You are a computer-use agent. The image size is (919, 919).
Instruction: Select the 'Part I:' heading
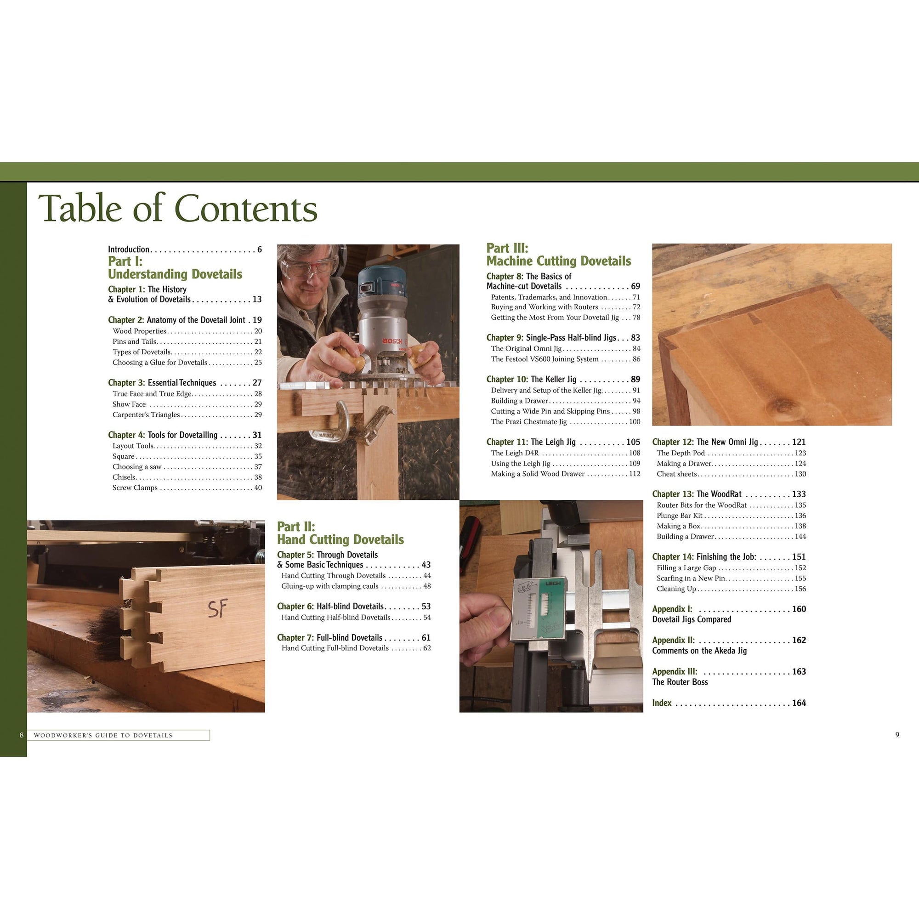coord(125,261)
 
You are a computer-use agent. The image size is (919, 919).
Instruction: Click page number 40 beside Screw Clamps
coord(258,488)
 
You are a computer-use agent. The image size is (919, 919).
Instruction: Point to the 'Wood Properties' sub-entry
coord(139,331)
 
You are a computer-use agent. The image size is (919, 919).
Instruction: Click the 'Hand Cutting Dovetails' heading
coord(340,539)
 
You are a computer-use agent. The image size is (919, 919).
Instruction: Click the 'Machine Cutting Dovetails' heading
coord(558,261)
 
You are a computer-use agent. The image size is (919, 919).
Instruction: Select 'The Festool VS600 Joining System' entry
coord(545,359)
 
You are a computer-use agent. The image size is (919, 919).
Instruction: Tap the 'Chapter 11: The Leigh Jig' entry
coord(531,442)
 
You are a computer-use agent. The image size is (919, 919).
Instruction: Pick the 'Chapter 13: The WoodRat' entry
coord(697,494)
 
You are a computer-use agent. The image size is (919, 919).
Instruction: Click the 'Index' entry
coord(662,703)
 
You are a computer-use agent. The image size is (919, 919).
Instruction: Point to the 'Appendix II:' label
coord(673,640)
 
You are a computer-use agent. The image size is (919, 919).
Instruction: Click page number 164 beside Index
coord(799,703)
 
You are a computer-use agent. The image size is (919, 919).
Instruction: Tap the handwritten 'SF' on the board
coord(217,609)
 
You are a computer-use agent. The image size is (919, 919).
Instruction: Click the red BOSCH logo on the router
coord(392,341)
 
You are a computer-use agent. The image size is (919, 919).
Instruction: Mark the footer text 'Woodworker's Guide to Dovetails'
coord(103,735)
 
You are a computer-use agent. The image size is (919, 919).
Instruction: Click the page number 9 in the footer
coord(897,735)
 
